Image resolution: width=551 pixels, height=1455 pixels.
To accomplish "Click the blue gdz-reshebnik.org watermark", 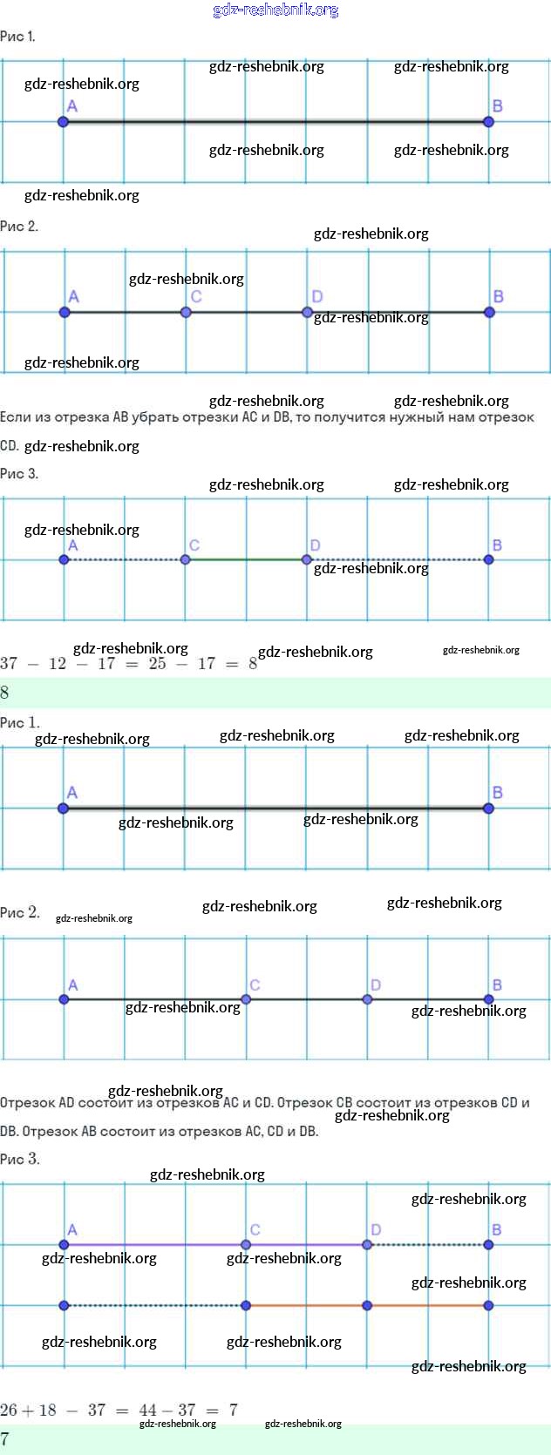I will [275, 10].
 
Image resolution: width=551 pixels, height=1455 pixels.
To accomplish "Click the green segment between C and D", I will [246, 559].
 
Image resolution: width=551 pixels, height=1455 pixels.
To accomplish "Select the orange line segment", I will [427, 1305].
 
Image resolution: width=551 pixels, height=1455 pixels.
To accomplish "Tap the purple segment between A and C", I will [154, 1244].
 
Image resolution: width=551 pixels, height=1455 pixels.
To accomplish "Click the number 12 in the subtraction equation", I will [58, 664].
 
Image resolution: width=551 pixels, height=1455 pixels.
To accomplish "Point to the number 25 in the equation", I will [157, 664].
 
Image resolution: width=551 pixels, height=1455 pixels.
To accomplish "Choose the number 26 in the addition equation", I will [9, 1410].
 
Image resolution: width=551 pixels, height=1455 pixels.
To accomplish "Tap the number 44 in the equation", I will [148, 1410].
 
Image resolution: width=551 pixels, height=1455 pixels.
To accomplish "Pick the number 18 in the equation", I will [47, 1410].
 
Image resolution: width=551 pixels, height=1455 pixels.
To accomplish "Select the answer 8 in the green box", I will [5, 693].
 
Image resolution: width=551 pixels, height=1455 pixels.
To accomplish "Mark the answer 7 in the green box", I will [5, 1438].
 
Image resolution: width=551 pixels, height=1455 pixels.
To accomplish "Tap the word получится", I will [350, 417].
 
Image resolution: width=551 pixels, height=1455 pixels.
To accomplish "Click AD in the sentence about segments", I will [66, 1103].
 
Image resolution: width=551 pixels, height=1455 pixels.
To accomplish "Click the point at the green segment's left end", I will [185, 559].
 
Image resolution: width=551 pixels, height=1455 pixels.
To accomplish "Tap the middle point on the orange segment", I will [367, 1305].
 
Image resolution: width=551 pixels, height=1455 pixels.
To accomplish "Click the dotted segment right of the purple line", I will [427, 1244].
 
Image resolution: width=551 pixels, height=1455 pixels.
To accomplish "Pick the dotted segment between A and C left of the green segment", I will [124, 559].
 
